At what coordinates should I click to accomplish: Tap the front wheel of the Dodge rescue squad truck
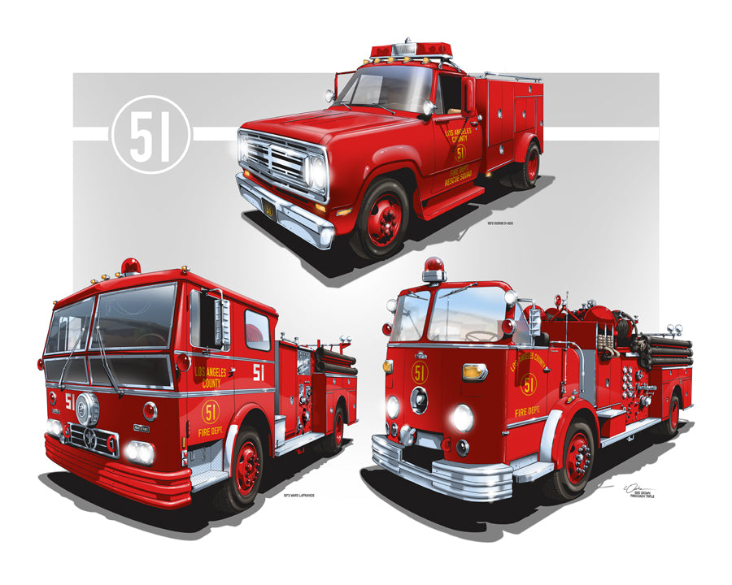click(381, 218)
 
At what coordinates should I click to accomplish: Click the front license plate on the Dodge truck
click(268, 210)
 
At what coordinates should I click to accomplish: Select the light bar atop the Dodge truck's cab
click(412, 50)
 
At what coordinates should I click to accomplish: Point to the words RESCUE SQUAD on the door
click(464, 178)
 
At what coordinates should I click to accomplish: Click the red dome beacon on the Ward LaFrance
click(130, 266)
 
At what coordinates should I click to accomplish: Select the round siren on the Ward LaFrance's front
click(87, 409)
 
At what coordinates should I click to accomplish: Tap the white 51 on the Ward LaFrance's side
click(259, 372)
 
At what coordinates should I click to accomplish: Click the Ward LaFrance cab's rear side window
click(257, 328)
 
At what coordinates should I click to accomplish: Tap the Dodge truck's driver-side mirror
click(467, 93)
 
